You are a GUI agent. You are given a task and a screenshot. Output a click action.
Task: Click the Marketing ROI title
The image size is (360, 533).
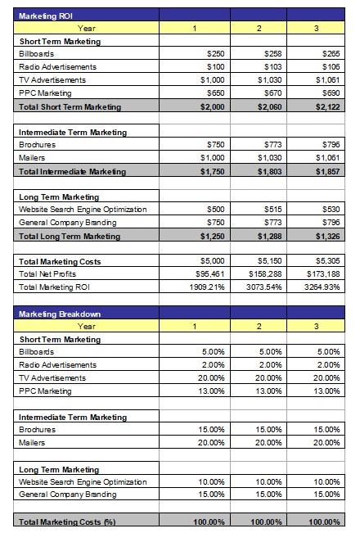(x=46, y=16)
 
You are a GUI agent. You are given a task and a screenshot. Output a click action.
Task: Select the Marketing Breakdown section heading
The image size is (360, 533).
(x=60, y=314)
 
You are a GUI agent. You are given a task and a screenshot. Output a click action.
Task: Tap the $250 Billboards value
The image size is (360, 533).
(x=216, y=54)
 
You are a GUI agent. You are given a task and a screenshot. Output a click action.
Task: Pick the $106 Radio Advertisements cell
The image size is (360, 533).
(x=331, y=67)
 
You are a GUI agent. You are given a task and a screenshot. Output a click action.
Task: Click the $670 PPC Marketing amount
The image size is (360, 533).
(x=273, y=93)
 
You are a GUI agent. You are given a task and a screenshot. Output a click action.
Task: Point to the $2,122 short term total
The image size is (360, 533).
(x=327, y=106)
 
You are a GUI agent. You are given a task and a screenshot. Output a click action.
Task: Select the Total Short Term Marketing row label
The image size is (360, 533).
(x=70, y=107)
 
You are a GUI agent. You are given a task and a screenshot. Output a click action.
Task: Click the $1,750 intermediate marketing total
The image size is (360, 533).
(x=212, y=172)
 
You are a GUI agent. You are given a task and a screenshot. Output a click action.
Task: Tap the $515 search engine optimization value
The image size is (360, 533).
(x=273, y=210)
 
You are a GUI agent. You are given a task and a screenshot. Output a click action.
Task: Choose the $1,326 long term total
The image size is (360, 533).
(x=327, y=237)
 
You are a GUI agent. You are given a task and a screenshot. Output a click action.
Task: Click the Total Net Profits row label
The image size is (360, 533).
(x=47, y=274)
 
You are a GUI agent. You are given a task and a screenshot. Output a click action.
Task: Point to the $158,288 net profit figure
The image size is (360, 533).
(x=265, y=274)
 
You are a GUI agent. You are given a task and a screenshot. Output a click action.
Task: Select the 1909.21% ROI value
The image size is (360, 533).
(x=207, y=287)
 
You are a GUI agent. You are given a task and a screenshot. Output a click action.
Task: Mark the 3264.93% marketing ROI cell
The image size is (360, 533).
(x=322, y=287)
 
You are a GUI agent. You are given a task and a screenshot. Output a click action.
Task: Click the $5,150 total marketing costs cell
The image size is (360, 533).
(x=270, y=261)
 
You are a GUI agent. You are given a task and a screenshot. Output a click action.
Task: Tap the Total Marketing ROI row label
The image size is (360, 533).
(x=54, y=287)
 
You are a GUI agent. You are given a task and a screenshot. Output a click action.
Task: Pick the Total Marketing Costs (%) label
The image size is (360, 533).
(x=67, y=522)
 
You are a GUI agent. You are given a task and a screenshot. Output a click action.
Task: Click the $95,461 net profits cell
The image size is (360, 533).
(x=210, y=274)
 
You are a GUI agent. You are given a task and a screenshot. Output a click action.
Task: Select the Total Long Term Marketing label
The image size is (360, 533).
(x=70, y=237)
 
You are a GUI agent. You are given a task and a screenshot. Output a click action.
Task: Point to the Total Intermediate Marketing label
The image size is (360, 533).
(x=72, y=172)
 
